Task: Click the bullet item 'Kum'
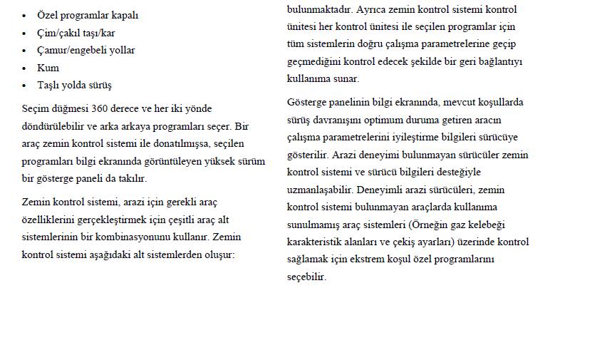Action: (x=48, y=68)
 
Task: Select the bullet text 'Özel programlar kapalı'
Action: (x=88, y=15)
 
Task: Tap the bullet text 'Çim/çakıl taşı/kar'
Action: (x=76, y=33)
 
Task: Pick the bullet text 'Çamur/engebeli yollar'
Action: (x=85, y=50)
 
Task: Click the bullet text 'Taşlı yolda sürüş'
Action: (x=74, y=85)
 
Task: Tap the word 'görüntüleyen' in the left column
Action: (x=183, y=161)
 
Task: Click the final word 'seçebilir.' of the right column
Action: (x=306, y=277)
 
